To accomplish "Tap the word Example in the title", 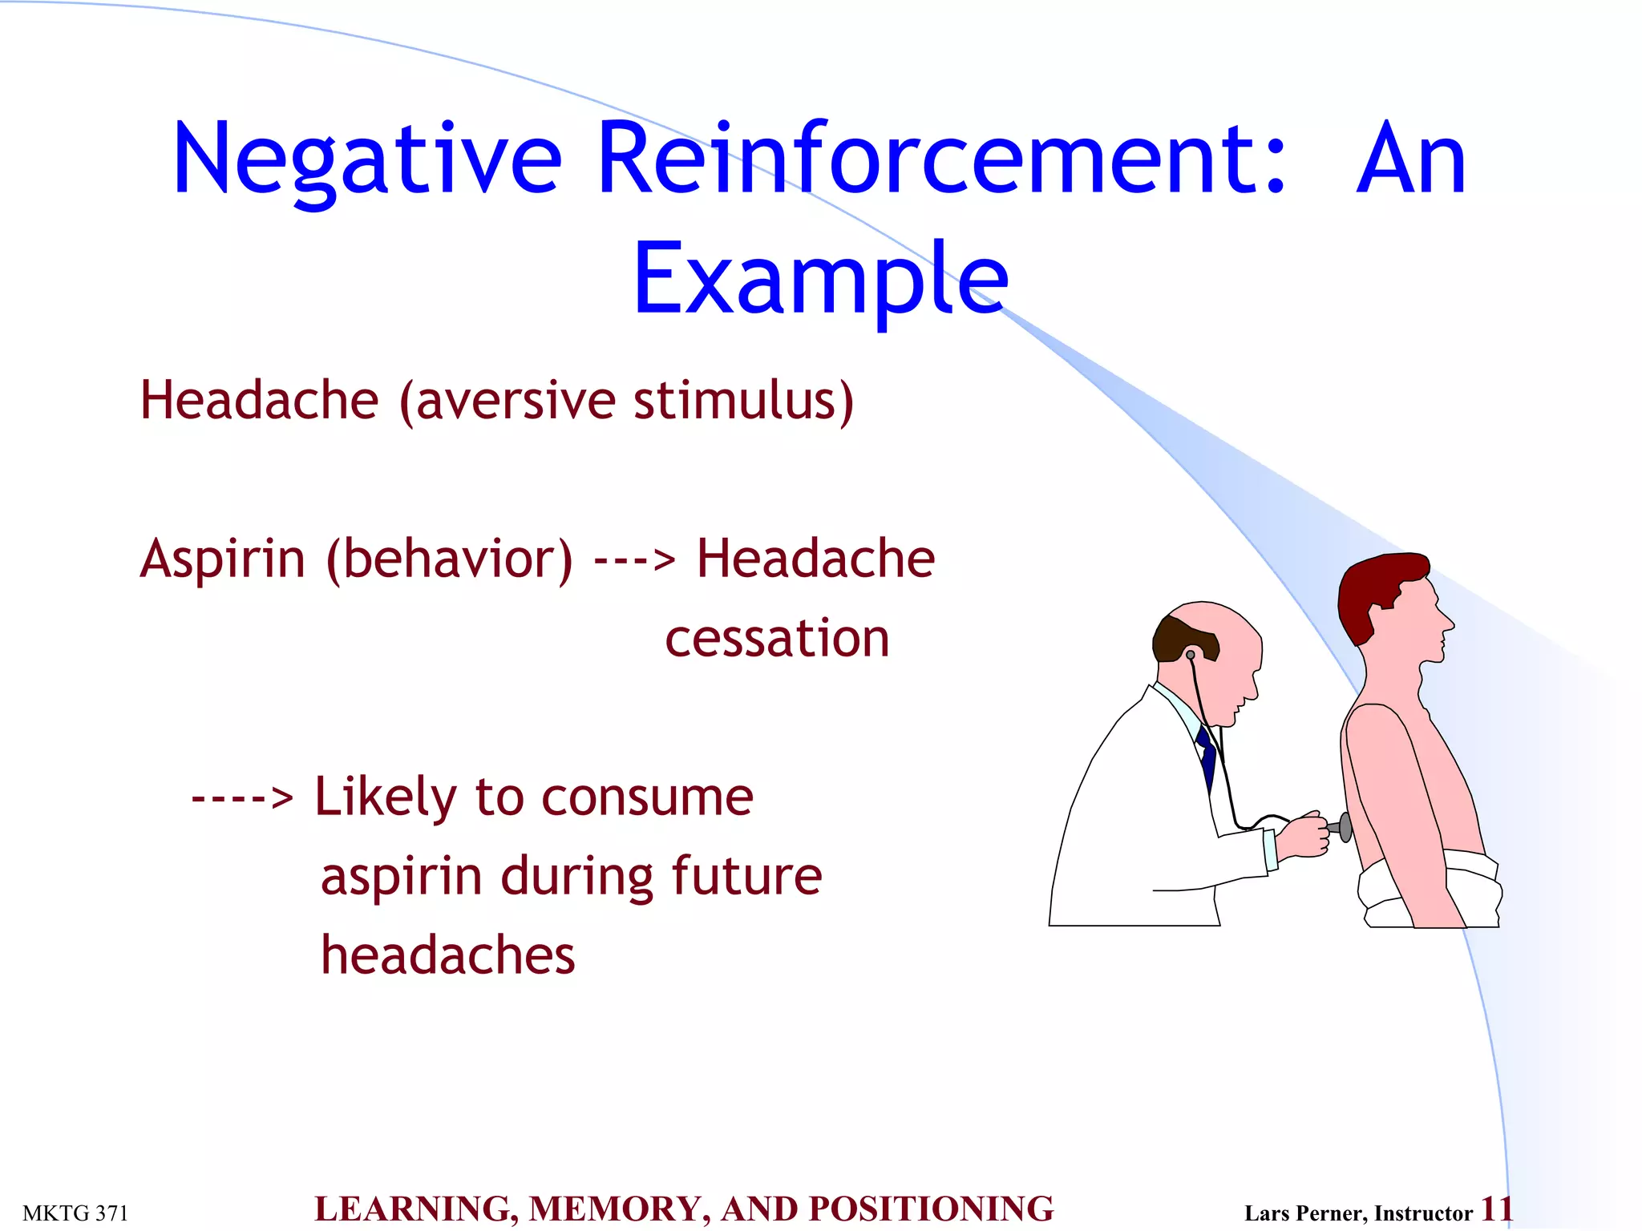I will [820, 278].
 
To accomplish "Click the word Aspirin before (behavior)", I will [223, 559].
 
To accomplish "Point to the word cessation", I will [777, 639].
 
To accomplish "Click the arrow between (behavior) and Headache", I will [634, 560].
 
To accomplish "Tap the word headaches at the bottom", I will [447, 955].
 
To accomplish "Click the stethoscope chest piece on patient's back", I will [1345, 826].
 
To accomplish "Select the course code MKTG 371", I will [75, 1213].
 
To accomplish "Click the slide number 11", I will [1496, 1209].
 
